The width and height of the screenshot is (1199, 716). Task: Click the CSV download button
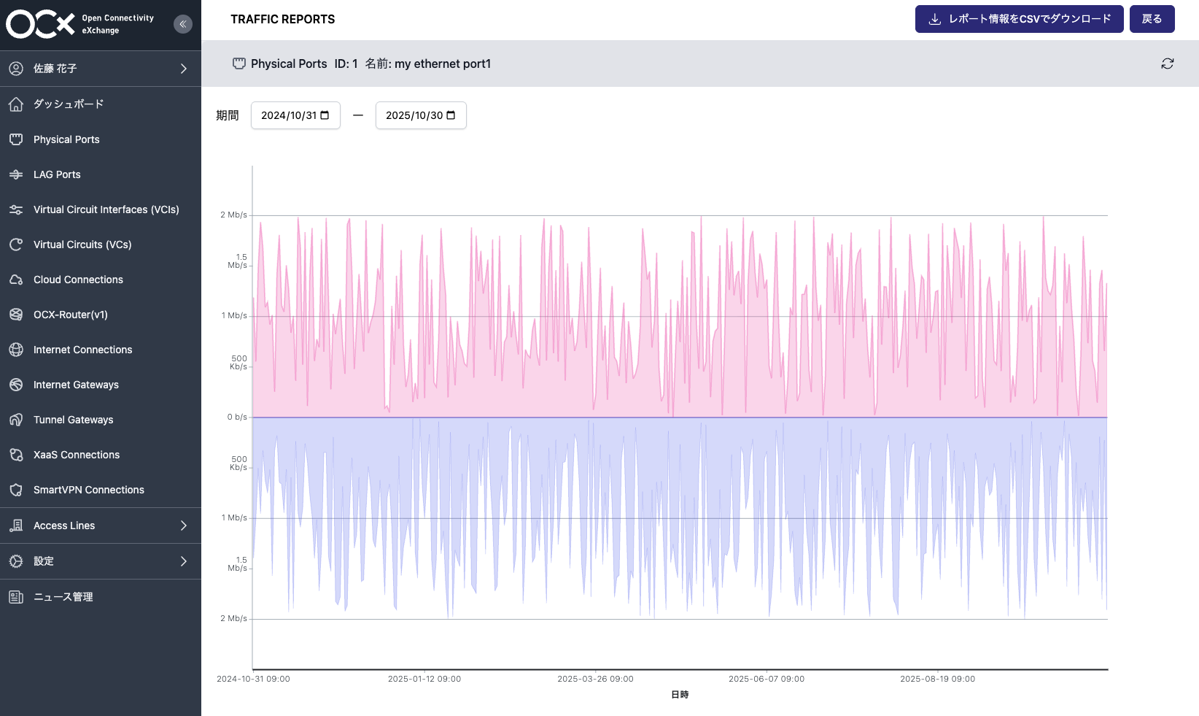tap(1019, 19)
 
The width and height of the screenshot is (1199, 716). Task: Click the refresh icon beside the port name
tap(1167, 63)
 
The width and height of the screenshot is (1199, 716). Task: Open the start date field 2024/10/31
tap(295, 115)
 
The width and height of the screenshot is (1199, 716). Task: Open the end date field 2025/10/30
tap(421, 115)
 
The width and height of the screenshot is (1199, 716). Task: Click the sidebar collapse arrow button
tap(183, 24)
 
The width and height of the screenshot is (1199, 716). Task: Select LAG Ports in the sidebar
tap(57, 174)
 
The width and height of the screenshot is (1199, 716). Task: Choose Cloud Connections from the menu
tap(78, 280)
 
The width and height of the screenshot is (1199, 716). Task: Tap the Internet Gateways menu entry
tap(76, 385)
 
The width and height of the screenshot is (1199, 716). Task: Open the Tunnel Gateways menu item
tap(73, 420)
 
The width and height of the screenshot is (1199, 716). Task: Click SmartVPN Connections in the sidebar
tap(88, 490)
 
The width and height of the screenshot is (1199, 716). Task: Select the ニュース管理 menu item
tap(63, 597)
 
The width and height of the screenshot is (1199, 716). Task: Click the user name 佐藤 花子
tap(55, 69)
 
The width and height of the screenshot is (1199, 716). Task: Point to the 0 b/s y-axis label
tap(237, 417)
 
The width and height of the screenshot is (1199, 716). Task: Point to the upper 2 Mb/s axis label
tap(233, 215)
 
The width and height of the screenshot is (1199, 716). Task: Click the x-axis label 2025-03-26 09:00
tap(595, 679)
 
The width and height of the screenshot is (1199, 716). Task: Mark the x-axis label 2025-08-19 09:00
tap(937, 679)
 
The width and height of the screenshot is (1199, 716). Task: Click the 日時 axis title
tap(680, 695)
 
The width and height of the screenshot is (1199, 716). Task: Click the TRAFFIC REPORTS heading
tap(283, 20)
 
